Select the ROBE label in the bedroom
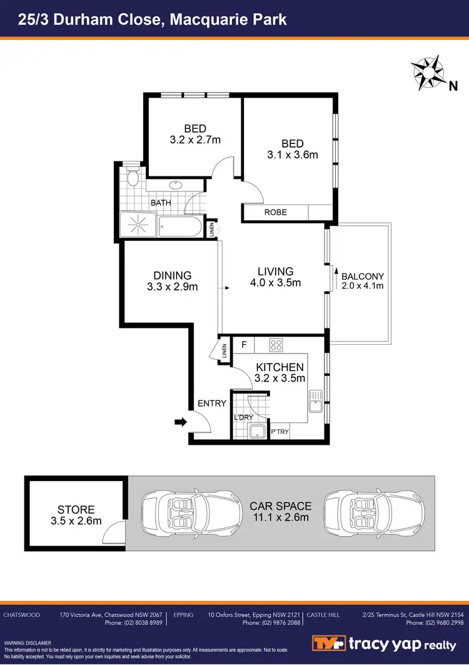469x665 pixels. [275, 212]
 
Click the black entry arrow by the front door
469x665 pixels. [180, 422]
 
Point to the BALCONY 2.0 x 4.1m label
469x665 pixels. [363, 281]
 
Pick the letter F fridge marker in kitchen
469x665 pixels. [243, 343]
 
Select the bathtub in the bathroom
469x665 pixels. [181, 226]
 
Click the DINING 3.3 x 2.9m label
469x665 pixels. [172, 281]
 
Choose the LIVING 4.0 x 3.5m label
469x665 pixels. [276, 277]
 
